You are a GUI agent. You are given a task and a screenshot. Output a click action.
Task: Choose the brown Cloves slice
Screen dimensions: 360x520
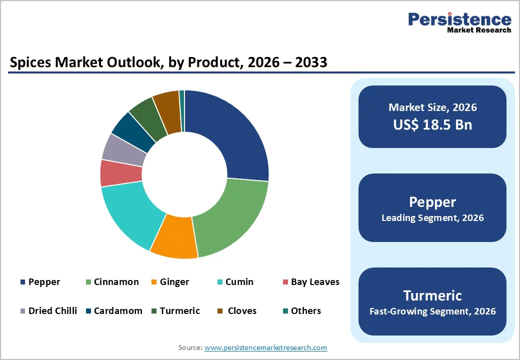(x=167, y=112)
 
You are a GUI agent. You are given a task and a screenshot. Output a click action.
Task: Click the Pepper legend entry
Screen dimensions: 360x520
(x=44, y=282)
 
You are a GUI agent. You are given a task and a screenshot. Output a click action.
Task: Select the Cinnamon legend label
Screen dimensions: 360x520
(x=116, y=282)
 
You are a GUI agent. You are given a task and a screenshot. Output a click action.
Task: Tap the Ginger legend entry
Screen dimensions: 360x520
(x=174, y=282)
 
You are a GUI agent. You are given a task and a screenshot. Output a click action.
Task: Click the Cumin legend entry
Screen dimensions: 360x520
(x=239, y=282)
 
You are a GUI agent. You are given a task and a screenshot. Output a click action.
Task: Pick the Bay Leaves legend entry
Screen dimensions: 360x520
(x=315, y=282)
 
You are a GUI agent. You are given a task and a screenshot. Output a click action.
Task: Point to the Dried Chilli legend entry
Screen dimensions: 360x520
(x=52, y=311)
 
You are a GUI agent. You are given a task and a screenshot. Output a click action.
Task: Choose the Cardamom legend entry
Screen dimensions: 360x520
(x=118, y=311)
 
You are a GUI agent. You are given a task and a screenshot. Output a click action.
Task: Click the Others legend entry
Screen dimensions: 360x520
(x=305, y=311)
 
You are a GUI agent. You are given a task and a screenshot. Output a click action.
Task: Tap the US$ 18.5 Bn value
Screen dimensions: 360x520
(x=432, y=124)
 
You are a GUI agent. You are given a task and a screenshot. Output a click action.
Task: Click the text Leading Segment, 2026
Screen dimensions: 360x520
(x=432, y=218)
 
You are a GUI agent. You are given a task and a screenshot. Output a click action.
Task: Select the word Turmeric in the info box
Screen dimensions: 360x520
(x=432, y=295)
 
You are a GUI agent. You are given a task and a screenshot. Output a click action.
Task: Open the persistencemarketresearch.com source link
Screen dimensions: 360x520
(x=265, y=347)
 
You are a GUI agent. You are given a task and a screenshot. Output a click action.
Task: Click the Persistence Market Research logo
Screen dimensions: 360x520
(x=459, y=22)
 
